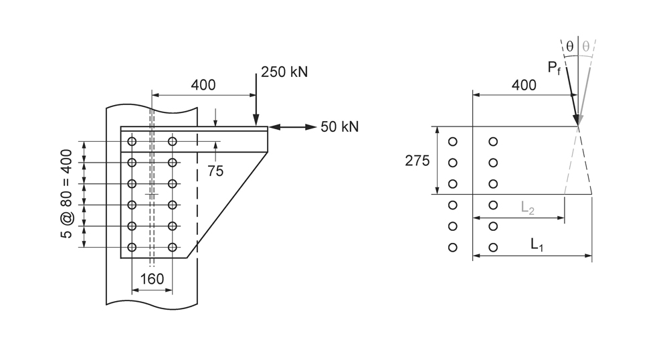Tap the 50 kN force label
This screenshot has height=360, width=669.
click(340, 126)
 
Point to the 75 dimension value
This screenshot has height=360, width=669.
click(215, 171)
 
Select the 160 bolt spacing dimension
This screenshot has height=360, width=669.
click(153, 278)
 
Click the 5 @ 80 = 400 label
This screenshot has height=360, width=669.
click(66, 193)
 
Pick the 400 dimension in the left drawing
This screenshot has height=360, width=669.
click(203, 85)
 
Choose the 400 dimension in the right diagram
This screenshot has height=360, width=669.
click(524, 85)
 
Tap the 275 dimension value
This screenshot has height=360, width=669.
click(417, 161)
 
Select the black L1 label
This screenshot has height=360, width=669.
click(537, 245)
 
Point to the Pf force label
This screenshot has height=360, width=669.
click(553, 68)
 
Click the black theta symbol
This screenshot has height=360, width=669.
click(569, 46)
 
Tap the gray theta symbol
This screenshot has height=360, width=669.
click(585, 46)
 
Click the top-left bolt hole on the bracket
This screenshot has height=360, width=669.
click(132, 141)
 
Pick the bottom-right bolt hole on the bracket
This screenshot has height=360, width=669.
click(173, 248)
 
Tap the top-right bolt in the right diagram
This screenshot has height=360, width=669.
click(493, 141)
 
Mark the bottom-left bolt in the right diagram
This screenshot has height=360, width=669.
click(453, 248)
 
